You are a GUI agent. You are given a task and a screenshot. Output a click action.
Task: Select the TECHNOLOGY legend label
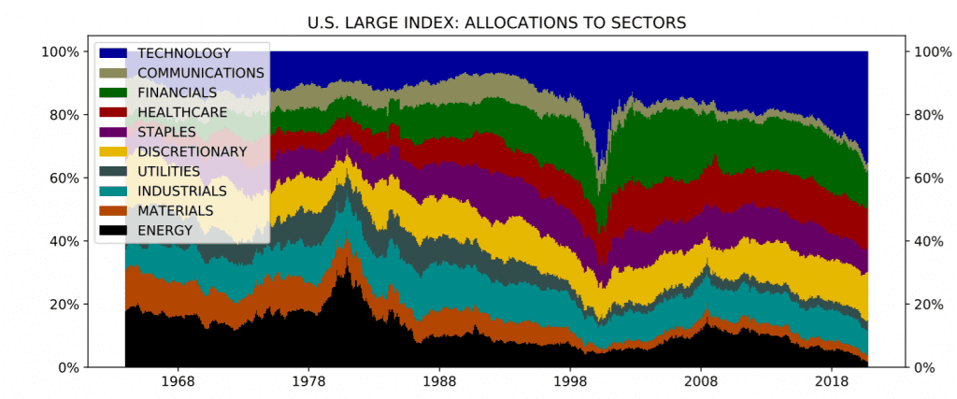coord(184,53)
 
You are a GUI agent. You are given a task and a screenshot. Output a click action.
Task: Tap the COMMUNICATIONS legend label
coord(201,73)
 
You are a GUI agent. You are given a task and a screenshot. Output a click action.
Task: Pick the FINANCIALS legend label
coord(177,93)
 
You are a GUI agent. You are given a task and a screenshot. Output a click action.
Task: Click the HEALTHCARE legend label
coord(182,112)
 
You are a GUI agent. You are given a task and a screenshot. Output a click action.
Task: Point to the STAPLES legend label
coord(166,132)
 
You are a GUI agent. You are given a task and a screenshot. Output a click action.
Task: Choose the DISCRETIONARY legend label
coord(193,151)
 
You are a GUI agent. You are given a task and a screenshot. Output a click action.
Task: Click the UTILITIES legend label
coord(169,171)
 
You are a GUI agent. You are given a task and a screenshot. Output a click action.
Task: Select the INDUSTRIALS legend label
coord(182,191)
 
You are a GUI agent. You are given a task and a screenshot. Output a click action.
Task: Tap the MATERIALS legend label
coord(175,210)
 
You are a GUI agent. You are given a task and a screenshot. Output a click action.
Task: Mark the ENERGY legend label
coord(164,230)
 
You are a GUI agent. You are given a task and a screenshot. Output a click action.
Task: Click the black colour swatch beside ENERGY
coord(113,230)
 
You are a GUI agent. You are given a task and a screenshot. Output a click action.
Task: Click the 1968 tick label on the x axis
coord(179,382)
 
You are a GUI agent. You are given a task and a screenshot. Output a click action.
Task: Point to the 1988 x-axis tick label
coord(439,382)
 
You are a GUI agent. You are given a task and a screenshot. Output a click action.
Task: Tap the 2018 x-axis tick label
coord(831,382)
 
